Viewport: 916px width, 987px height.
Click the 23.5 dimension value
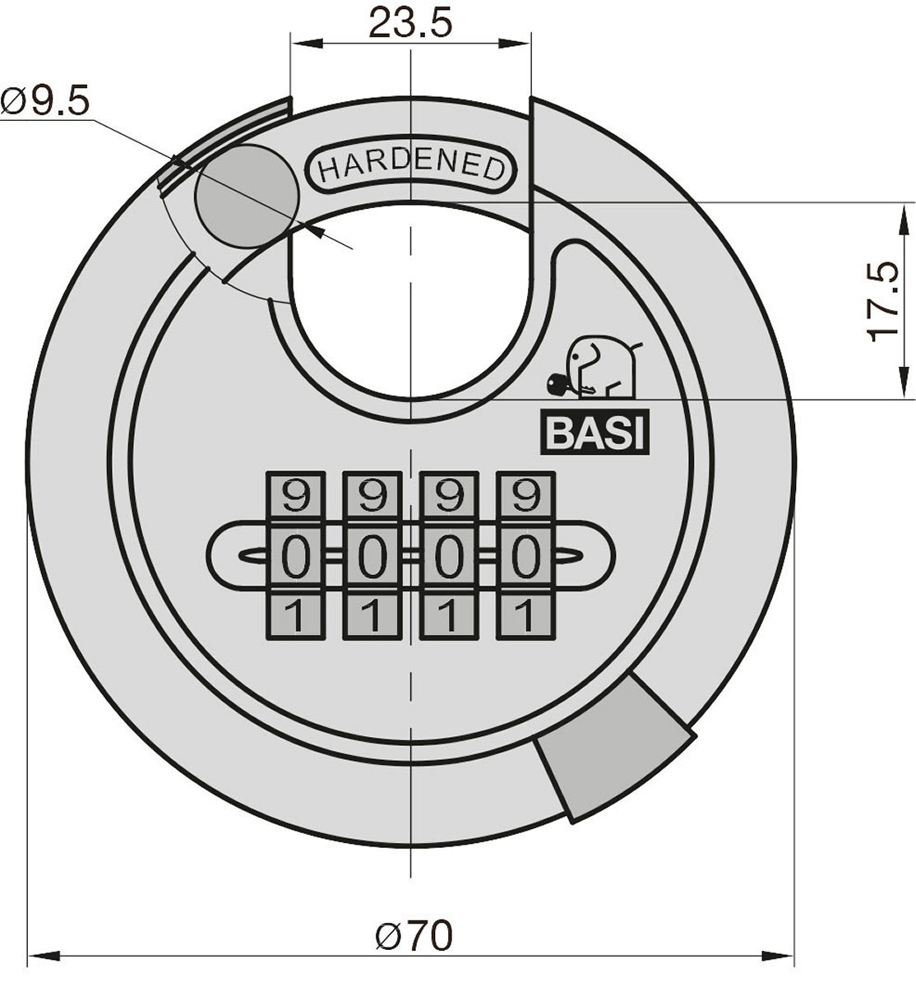410,23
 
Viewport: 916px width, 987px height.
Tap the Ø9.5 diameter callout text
45,101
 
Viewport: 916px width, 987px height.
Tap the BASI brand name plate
595,432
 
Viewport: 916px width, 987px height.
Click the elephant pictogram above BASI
604,367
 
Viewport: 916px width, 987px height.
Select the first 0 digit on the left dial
296,556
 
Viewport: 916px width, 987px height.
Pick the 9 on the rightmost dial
526,496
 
